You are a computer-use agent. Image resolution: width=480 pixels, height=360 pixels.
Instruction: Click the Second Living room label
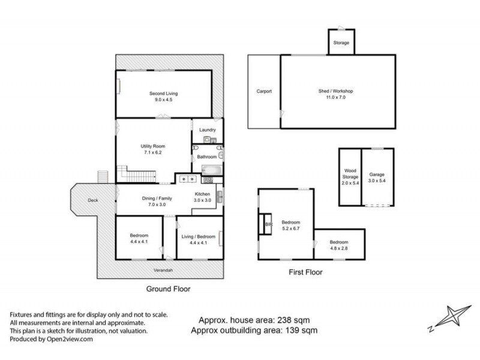[163, 94]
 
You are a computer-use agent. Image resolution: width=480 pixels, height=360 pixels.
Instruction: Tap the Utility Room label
[153, 146]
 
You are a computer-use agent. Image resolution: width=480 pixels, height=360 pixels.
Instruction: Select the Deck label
[92, 200]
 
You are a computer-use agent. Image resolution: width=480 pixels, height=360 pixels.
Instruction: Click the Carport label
[264, 91]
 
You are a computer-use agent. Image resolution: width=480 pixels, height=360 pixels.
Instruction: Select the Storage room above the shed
[341, 43]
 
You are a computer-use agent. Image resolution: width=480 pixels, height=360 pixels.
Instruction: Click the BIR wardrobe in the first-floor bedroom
[267, 225]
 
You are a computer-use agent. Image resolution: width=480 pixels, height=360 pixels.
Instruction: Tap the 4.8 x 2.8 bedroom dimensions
[338, 248]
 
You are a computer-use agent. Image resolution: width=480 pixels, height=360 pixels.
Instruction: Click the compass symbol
[448, 317]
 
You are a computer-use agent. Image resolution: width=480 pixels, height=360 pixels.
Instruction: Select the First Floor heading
[305, 272]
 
